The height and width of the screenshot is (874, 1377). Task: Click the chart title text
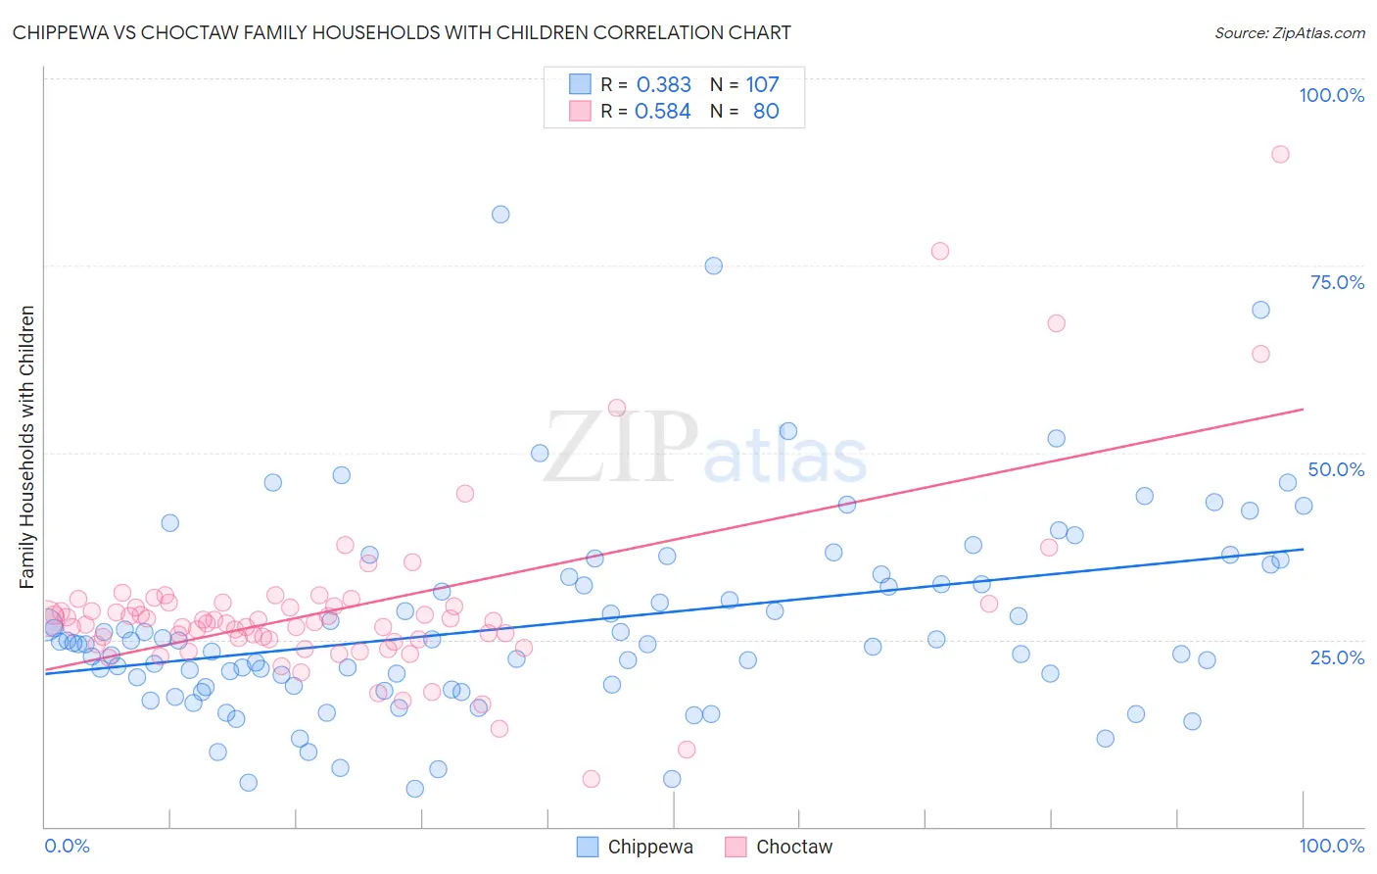click(402, 32)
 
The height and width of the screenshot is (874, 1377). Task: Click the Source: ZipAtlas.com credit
click(1289, 32)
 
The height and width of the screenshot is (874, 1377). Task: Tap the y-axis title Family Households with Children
click(26, 447)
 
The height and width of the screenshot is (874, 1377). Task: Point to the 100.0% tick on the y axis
click(1331, 95)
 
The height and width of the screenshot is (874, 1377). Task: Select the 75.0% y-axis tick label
click(1337, 282)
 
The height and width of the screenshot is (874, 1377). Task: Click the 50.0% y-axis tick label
click(1336, 469)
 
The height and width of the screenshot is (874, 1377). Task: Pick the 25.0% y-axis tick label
click(1337, 656)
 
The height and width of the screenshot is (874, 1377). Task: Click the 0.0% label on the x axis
click(67, 846)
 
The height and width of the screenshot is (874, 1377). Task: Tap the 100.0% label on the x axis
click(1331, 846)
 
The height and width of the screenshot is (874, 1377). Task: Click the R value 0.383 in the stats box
click(663, 85)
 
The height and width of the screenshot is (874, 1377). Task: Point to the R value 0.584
click(662, 112)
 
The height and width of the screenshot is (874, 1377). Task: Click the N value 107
click(762, 85)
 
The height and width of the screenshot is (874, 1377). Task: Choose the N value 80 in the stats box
click(766, 112)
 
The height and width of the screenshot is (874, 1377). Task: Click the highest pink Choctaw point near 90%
click(1280, 154)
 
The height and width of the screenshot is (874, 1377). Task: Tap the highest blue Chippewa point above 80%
click(500, 215)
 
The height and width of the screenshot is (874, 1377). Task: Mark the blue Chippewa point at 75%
click(714, 266)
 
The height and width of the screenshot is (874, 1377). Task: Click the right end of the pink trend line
click(1304, 409)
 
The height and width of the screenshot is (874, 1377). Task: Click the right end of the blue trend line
click(1304, 549)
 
